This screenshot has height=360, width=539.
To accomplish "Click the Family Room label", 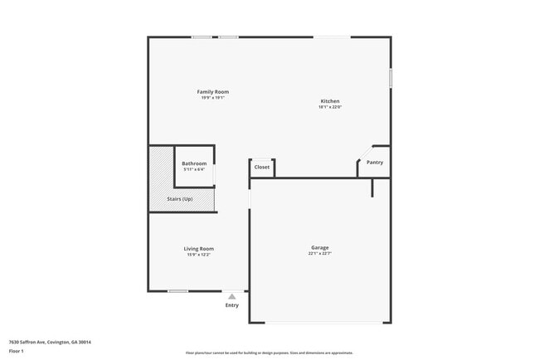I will tap(212, 91).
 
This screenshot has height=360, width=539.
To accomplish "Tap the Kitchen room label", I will tap(330, 101).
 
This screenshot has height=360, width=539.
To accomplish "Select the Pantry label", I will tap(375, 163).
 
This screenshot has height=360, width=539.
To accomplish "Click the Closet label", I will tap(262, 167).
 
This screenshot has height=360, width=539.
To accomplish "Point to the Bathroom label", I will tap(194, 163).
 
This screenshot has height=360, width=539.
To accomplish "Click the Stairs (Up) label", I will tap(182, 199).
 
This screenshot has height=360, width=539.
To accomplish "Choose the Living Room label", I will tap(199, 249).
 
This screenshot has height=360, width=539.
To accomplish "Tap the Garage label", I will tap(320, 247).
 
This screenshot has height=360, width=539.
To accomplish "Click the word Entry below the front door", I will tap(232, 305).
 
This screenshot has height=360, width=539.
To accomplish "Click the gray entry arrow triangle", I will tap(232, 296).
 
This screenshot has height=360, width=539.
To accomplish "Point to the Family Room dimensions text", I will tap(212, 98).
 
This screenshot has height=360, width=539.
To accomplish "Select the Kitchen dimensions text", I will tap(330, 107).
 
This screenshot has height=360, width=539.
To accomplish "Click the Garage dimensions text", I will tap(320, 254).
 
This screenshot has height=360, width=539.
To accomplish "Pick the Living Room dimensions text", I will tap(199, 255).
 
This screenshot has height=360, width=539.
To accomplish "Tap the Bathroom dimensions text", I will tap(194, 170).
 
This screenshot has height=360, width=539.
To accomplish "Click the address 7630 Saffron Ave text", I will tap(50, 342).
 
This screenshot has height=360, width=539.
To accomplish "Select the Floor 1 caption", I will tap(17, 351).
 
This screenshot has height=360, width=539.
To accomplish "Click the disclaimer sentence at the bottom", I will tap(269, 353).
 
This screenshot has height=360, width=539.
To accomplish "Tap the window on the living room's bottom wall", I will tap(177, 291).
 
